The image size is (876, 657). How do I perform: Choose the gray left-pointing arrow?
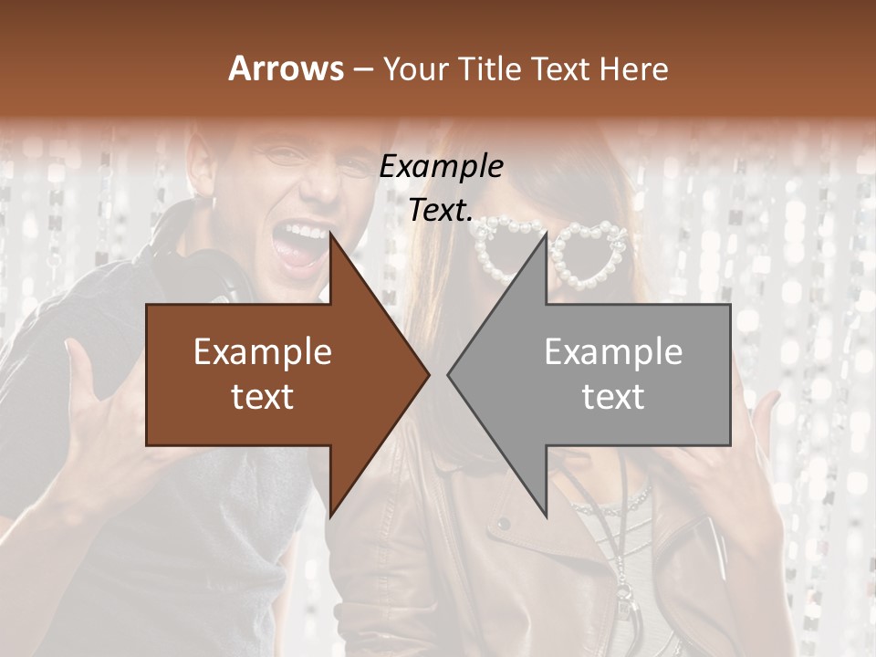coord(620,374)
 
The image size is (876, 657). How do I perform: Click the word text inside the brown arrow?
coord(262,397)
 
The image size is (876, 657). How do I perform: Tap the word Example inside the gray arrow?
coord(613,352)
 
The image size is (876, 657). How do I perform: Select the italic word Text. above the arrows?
coord(441,211)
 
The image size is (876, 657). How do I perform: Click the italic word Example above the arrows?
coord(442,167)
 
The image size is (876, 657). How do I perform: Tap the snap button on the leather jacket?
coord(503,524)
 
